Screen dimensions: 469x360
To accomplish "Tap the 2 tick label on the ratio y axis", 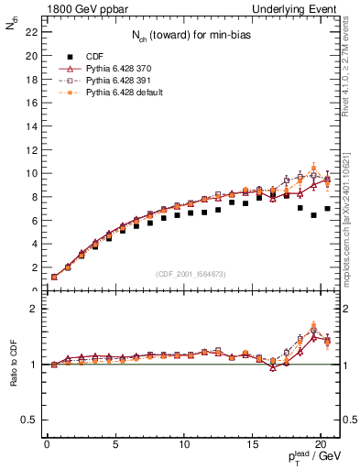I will pyautogui.click(x=33, y=309).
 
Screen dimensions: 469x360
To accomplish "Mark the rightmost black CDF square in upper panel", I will pyautogui.click(x=327, y=209).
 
